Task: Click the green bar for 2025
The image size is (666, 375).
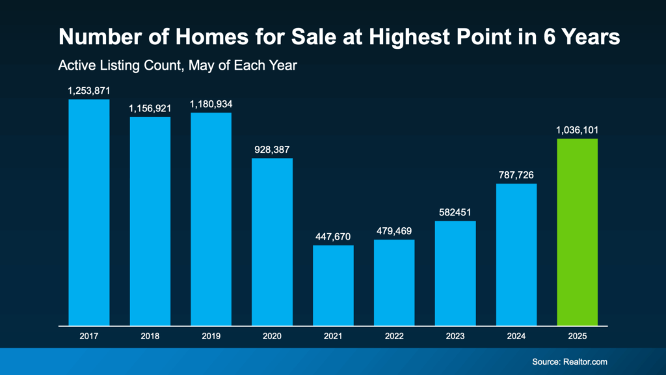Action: (x=577, y=232)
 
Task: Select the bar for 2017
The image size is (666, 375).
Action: (x=89, y=212)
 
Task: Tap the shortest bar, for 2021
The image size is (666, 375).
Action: (x=333, y=285)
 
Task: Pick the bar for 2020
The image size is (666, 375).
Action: (x=272, y=242)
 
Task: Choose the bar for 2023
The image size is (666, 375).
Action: (x=455, y=273)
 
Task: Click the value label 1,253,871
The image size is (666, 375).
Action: (x=89, y=91)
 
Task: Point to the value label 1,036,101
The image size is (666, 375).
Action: (x=577, y=130)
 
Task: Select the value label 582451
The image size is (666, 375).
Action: (x=455, y=213)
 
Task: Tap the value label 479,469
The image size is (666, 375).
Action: (x=394, y=231)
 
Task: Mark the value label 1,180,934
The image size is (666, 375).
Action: (x=211, y=104)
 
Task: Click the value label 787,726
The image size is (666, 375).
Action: (x=516, y=175)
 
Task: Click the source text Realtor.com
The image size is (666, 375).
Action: (x=587, y=362)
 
